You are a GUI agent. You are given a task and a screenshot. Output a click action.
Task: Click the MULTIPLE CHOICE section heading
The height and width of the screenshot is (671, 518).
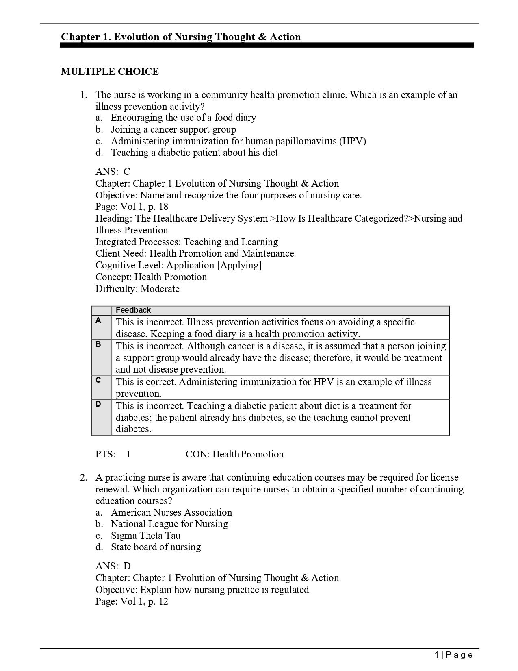(x=110, y=72)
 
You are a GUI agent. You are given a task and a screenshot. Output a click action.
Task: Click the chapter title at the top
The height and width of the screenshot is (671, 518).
(x=181, y=37)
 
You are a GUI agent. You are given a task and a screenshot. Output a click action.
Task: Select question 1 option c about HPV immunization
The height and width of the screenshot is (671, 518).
(x=238, y=141)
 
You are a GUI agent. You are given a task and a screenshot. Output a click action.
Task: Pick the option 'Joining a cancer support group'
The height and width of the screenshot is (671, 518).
(x=173, y=129)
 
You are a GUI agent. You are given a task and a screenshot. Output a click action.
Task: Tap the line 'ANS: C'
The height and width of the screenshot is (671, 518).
(x=113, y=172)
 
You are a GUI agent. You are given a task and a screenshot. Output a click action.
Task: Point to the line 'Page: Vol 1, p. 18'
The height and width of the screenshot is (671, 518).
(x=132, y=207)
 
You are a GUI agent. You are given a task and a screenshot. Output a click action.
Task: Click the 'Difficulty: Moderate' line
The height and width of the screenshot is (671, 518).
(x=137, y=289)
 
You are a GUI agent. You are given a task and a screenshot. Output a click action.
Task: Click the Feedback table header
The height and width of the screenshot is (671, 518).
(x=133, y=310)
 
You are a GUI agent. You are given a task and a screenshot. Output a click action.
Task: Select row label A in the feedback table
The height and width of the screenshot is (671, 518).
(x=98, y=320)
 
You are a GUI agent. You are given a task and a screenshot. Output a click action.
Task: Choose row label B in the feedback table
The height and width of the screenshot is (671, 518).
(x=98, y=344)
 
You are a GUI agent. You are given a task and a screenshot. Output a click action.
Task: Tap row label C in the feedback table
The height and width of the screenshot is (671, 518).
(x=98, y=380)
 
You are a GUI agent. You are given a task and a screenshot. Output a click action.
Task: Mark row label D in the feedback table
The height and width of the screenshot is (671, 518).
(x=98, y=404)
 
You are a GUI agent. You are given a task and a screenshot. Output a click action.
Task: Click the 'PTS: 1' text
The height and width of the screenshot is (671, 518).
(x=113, y=454)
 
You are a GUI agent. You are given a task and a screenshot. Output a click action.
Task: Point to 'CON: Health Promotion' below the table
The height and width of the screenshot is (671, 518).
(x=234, y=454)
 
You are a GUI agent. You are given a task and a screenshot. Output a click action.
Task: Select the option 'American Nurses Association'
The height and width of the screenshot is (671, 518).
(x=171, y=512)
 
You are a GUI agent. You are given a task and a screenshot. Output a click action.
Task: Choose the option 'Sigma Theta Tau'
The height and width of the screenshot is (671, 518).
(x=145, y=536)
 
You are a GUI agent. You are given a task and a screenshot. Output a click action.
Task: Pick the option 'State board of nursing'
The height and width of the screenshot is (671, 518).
(x=156, y=547)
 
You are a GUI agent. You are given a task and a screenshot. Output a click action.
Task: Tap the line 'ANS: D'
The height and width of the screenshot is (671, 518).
(x=113, y=566)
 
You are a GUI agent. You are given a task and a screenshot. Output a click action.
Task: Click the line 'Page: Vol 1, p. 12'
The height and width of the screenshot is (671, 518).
(x=132, y=601)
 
